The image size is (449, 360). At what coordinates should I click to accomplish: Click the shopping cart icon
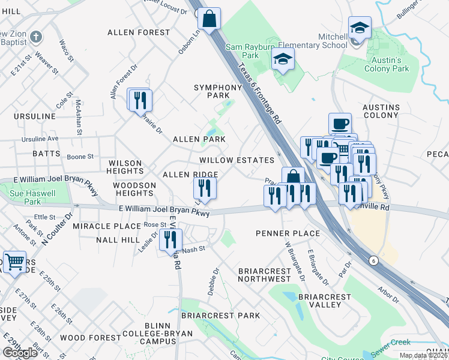pos(14,261)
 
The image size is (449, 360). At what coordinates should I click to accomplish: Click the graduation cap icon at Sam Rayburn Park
pos(283,60)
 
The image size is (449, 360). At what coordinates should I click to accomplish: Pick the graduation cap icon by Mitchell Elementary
pos(359,28)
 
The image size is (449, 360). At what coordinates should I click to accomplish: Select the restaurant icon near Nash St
pos(170,239)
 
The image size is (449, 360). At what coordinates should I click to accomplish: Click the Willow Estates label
pos(237,160)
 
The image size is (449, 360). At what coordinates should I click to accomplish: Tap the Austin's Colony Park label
pos(387,65)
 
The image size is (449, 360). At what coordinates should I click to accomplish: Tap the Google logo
pos(20,353)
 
